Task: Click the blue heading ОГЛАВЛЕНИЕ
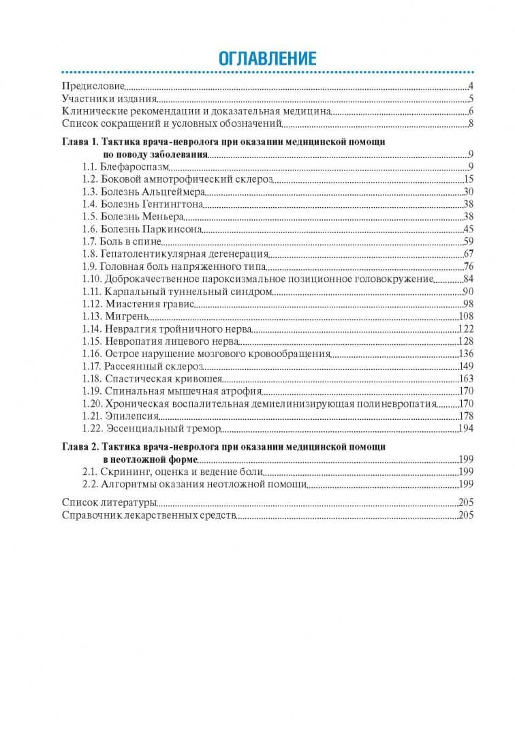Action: [x=267, y=59]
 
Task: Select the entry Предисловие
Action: [x=93, y=87]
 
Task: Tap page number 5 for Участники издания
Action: [x=471, y=99]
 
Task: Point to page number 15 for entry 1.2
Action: [x=468, y=179]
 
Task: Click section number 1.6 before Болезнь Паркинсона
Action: [x=89, y=229]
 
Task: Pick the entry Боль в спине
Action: [x=130, y=241]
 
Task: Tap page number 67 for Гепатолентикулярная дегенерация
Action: [x=468, y=254]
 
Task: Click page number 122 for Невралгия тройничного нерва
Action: [x=466, y=328]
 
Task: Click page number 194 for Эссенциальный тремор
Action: [x=466, y=429]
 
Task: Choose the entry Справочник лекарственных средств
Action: [x=149, y=515]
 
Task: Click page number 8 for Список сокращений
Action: [x=471, y=123]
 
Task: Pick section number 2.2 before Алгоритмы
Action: [x=89, y=485]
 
